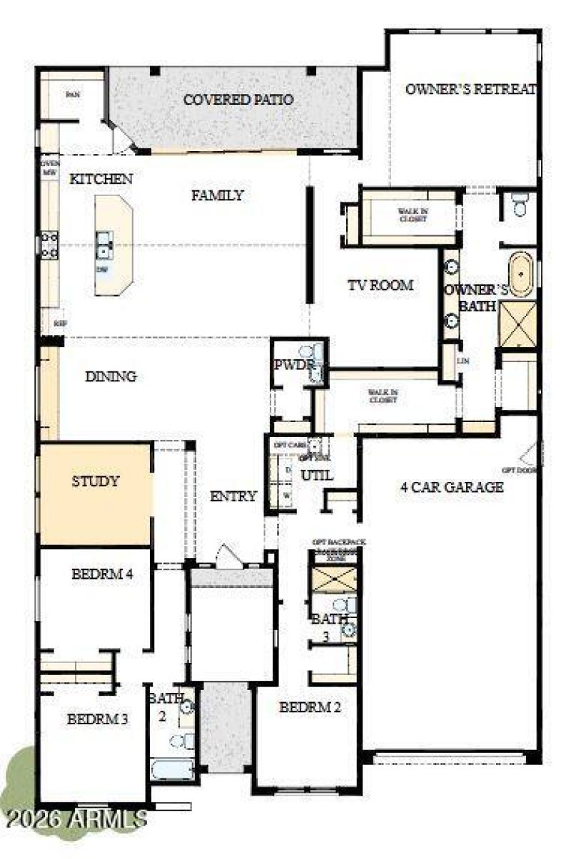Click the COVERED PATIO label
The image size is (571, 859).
(x=238, y=100)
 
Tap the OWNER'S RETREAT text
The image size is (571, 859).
(x=470, y=90)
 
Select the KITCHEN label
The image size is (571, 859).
(x=101, y=180)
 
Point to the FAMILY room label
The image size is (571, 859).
(x=218, y=195)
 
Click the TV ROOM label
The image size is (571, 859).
(x=380, y=286)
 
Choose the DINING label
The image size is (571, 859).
(x=111, y=377)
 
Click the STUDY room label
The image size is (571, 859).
(x=95, y=481)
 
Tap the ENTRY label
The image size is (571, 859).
(x=233, y=497)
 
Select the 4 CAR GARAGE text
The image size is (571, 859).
(x=452, y=488)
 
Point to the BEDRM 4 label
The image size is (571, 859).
(x=103, y=573)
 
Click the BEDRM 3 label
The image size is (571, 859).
(x=97, y=719)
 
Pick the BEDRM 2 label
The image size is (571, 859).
(x=310, y=708)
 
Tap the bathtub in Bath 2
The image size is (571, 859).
(x=172, y=770)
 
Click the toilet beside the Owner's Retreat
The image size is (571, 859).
(x=520, y=205)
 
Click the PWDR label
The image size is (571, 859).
(x=293, y=365)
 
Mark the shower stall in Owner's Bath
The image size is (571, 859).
(x=517, y=325)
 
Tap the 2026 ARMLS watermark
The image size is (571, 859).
(x=74, y=818)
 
